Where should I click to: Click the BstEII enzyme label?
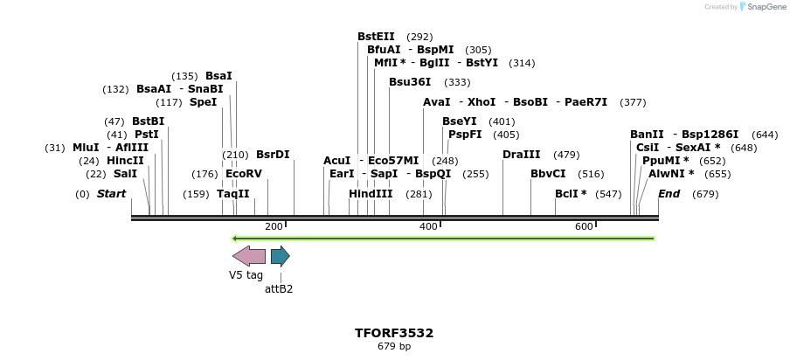(x=376, y=37)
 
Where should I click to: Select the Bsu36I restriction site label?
(x=410, y=82)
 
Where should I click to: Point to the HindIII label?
(x=371, y=193)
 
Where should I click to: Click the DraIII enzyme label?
(x=522, y=155)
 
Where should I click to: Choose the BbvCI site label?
(x=548, y=174)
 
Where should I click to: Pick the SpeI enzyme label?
(x=203, y=102)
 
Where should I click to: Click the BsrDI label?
(x=273, y=155)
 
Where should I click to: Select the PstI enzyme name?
(x=146, y=135)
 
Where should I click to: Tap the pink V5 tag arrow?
(x=249, y=256)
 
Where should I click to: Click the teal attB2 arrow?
(x=280, y=256)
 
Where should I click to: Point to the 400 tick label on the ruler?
(x=428, y=227)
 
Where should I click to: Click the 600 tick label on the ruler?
(x=584, y=227)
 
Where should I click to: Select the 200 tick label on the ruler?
(x=274, y=227)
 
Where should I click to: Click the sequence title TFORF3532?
(x=394, y=333)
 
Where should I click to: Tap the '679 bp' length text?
(x=394, y=347)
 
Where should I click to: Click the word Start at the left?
(x=111, y=193)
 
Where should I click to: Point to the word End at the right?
(x=669, y=193)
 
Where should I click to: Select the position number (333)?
(x=457, y=82)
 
